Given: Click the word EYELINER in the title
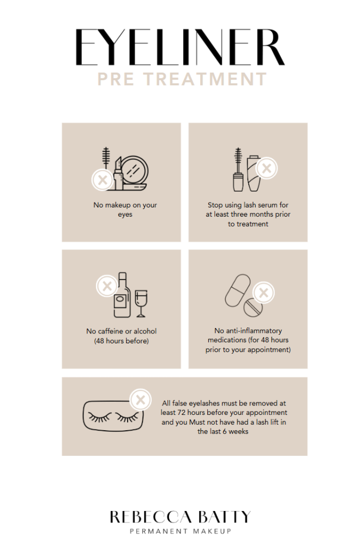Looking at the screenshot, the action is coord(180,47).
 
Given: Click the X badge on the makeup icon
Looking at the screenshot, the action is coord(103,179).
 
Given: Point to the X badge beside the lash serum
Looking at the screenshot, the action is coord(267,168).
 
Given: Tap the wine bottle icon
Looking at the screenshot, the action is coord(122,295).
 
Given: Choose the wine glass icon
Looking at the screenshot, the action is coord(141,303).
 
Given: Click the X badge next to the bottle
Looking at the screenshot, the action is coord(107,286).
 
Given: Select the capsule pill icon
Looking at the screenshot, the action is coord(237,290).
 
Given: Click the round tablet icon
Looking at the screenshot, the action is coord(253,307).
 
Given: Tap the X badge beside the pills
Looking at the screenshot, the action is coord(263,293).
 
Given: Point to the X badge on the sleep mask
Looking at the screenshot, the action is coord(141,400).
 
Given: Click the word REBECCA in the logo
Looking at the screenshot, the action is coord(151,517).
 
